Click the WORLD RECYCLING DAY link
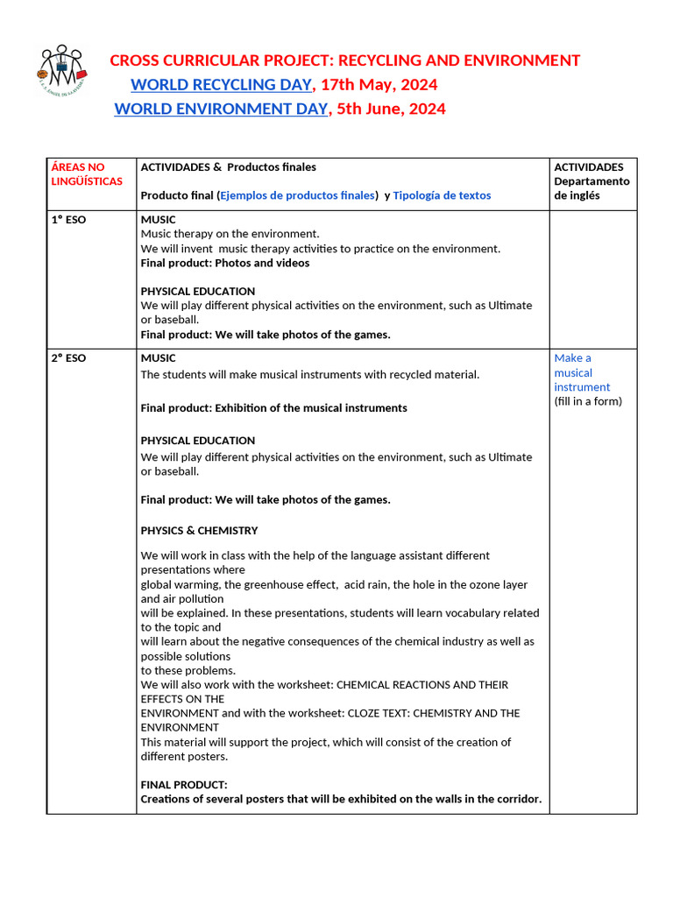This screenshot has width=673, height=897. [x=221, y=85]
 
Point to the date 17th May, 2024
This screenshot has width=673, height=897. [x=379, y=85]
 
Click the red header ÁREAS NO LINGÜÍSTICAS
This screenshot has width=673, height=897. [x=78, y=173]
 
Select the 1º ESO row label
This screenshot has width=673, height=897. [x=69, y=219]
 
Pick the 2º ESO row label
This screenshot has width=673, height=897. [x=69, y=357]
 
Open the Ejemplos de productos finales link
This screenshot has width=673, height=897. [x=297, y=195]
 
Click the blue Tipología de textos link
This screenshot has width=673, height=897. [x=442, y=195]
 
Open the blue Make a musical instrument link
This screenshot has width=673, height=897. [x=582, y=372]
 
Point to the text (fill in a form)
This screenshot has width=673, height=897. [x=588, y=401]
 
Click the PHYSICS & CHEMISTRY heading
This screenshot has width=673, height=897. [x=199, y=530]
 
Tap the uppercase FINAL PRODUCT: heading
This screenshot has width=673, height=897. [x=184, y=785]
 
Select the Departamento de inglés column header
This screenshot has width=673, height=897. [x=592, y=181]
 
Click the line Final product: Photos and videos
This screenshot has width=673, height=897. [x=224, y=263]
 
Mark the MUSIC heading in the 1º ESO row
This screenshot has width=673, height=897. [x=158, y=219]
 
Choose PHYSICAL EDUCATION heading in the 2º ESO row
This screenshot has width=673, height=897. [x=198, y=441]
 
